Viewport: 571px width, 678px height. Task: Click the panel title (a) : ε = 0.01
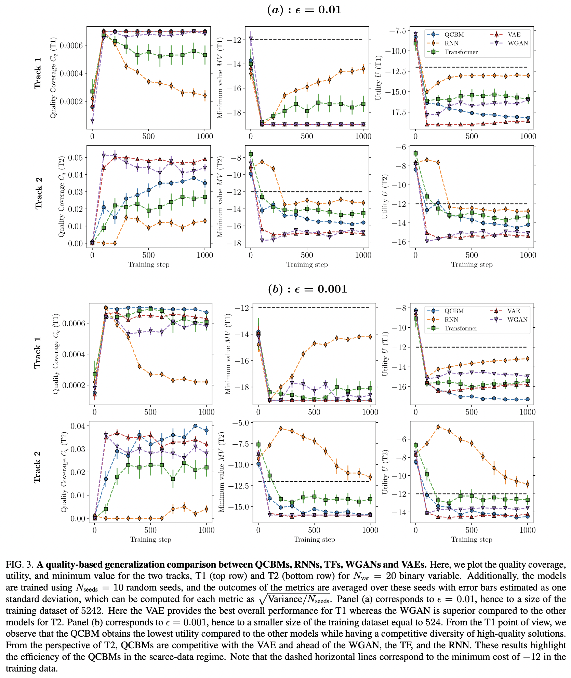click(304, 10)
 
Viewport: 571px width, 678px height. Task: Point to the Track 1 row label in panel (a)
click(38, 73)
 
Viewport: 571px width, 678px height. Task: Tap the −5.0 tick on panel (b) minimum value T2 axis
click(241, 423)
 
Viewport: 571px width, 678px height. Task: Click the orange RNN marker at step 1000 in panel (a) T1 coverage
click(205, 96)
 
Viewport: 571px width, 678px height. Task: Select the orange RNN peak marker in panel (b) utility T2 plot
click(438, 427)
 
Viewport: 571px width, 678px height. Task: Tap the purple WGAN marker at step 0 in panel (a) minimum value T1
click(251, 39)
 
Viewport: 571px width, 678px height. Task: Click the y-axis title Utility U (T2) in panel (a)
click(385, 196)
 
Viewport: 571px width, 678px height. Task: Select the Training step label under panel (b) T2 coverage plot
click(150, 539)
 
